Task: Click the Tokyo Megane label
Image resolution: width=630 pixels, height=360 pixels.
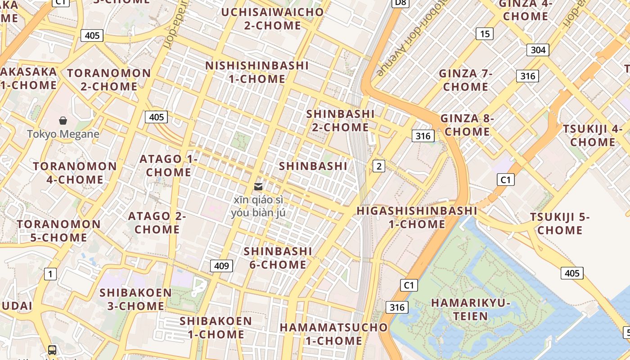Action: coord(63,134)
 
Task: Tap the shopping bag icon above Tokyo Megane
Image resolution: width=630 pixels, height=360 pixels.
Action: coord(63,120)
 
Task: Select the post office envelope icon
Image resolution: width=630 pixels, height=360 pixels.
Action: coord(258,186)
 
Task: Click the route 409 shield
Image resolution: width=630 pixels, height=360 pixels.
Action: coord(221,265)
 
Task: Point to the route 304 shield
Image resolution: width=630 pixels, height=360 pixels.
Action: coord(538,49)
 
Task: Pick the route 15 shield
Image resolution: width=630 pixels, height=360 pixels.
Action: coord(484,34)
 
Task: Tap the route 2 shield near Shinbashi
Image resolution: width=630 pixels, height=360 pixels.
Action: coord(379,166)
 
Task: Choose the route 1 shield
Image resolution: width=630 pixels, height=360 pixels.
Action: coord(50,274)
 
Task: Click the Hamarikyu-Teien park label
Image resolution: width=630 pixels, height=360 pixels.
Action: coord(470,309)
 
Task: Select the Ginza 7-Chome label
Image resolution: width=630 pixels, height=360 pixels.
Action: coord(466,80)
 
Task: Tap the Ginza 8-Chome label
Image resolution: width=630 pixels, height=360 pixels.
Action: coord(467,125)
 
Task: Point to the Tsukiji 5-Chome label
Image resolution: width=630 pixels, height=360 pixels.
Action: coord(560,223)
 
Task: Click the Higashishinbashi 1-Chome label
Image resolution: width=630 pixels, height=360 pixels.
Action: coord(417,217)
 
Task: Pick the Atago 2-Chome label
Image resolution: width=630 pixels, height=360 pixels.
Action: coord(157,222)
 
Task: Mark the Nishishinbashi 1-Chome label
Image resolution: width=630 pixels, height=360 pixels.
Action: coord(257,72)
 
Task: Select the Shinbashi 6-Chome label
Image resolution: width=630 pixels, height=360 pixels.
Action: coord(278,257)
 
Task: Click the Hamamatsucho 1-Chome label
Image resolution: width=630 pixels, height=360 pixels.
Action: coord(333,333)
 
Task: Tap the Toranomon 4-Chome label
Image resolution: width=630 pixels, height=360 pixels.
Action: coord(75,172)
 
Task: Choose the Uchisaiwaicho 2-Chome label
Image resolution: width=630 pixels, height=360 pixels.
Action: coord(272,18)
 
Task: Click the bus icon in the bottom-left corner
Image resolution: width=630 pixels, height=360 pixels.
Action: coord(52,350)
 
